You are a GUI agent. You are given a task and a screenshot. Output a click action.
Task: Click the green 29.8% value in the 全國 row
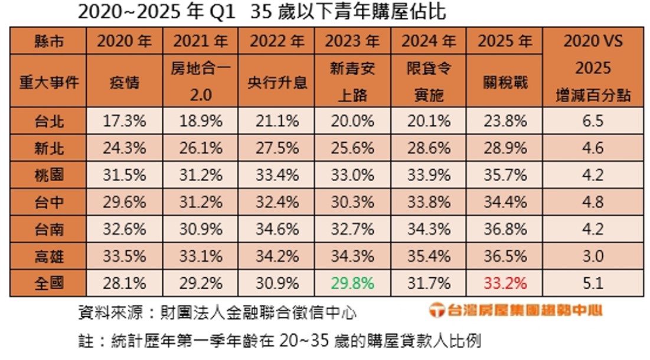click(x=352, y=283)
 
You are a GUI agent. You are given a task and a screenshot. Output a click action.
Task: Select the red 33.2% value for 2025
click(x=505, y=283)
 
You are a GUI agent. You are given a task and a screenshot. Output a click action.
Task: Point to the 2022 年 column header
click(x=277, y=41)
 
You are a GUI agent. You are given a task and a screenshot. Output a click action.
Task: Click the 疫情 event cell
click(x=125, y=81)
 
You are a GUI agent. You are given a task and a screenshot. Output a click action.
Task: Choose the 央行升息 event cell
click(x=277, y=81)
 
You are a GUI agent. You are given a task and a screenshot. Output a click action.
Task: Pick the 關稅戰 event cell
click(x=505, y=81)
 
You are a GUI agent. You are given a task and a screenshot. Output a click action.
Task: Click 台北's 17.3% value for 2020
click(x=125, y=122)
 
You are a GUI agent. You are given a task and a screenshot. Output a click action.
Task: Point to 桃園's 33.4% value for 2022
click(x=277, y=176)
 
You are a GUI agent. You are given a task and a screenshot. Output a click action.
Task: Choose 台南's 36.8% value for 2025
click(x=505, y=230)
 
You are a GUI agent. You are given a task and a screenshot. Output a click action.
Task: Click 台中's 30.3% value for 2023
click(x=352, y=202)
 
